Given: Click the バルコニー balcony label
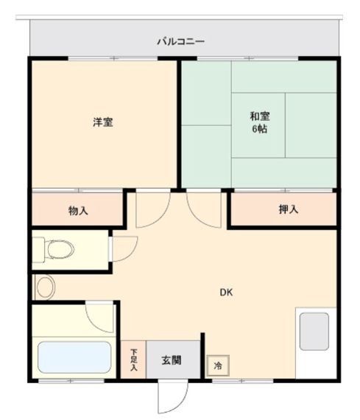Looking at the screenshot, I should pos(180,41).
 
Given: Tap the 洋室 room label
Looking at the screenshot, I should pos(102,122).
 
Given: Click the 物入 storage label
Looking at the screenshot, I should pos(78,211).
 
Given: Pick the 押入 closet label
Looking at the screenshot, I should pos(289,210).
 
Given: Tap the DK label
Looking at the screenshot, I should pos(227,292).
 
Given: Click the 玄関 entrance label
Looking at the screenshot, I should pos(172,362).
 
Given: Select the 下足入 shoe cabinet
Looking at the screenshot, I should pos(133,360).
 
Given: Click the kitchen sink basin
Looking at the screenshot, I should pos(315,331).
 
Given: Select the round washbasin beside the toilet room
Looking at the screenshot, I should pos(44,287).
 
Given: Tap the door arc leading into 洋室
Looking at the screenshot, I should pos(152,209).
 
